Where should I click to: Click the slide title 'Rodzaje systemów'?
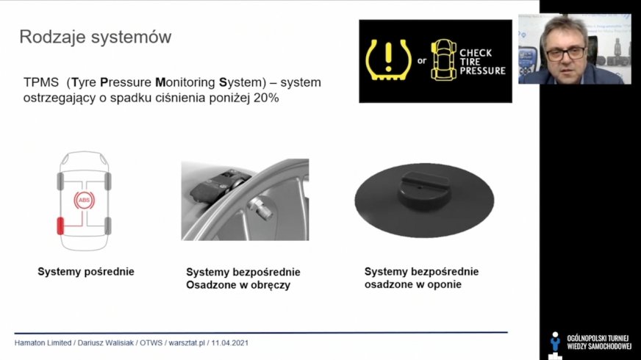tap(96, 37)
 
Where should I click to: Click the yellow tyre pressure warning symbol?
tap(388, 60)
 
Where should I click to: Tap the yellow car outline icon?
tap(443, 60)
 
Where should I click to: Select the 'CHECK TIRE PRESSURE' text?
tap(482, 62)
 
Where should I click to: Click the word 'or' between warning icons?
tap(421, 61)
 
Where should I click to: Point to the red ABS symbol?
tap(85, 201)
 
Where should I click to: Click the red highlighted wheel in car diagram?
tap(60, 226)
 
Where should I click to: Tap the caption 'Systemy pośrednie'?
tap(86, 272)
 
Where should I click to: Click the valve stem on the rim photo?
tap(260, 208)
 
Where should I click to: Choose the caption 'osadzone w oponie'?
tap(413, 284)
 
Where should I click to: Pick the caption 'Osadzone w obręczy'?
tap(238, 285)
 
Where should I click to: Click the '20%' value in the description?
tap(266, 98)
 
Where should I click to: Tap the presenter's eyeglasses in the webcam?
tap(565, 54)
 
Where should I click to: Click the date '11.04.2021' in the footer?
tap(230, 343)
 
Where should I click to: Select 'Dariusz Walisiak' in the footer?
tap(105, 343)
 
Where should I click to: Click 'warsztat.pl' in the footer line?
tap(187, 343)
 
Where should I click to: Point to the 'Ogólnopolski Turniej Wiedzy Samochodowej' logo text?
tap(599, 342)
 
